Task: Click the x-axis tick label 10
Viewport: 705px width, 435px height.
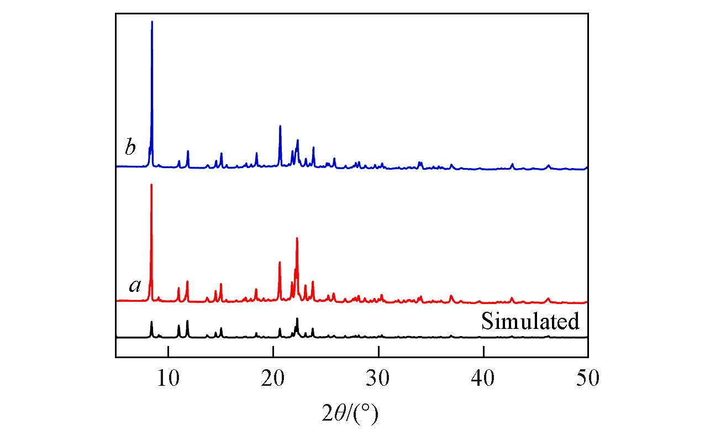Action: tap(167, 380)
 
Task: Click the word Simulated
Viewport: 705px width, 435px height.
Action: tap(530, 321)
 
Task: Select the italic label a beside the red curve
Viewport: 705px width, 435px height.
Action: tap(135, 285)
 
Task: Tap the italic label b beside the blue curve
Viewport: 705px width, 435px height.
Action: tap(130, 148)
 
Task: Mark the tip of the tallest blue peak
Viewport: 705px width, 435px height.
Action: tap(152, 22)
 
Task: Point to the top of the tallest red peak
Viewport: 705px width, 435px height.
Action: tap(151, 185)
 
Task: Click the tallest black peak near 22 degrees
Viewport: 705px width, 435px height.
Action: tap(297, 319)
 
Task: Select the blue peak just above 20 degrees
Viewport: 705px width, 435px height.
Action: tap(280, 126)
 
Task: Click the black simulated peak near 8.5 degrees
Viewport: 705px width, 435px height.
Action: tap(151, 322)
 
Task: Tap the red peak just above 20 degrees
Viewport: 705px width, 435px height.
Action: tap(280, 262)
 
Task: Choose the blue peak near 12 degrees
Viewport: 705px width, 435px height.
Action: tap(188, 151)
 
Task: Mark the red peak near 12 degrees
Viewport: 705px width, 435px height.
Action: tap(187, 281)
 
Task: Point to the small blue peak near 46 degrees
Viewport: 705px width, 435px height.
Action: tap(549, 165)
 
